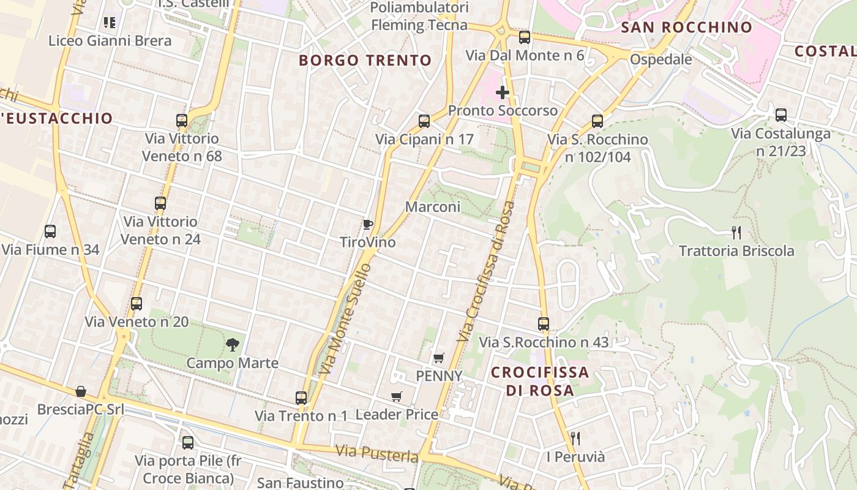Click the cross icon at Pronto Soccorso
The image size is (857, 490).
[x=503, y=92]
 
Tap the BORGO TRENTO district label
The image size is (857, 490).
[x=365, y=60]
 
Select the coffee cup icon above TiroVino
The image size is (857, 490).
[x=367, y=225]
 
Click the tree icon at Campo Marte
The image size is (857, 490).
[x=232, y=345]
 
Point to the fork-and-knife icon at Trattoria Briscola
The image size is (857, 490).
[x=736, y=233]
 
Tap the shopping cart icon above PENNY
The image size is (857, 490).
[x=438, y=358]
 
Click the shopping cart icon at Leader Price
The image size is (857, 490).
[x=397, y=396]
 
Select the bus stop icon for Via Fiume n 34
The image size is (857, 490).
[x=50, y=232]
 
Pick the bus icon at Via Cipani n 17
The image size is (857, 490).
[x=424, y=121]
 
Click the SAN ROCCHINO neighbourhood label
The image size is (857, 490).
[x=686, y=27]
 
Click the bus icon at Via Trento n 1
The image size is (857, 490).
[x=301, y=398]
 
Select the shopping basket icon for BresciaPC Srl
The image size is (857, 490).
[x=81, y=391]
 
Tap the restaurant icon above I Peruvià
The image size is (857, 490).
[x=575, y=438]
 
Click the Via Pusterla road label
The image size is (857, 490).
[x=376, y=454]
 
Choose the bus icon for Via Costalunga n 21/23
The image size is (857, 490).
[x=780, y=115]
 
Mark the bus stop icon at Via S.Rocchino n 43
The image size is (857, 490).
[x=544, y=324]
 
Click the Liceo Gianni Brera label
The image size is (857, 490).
[x=110, y=40]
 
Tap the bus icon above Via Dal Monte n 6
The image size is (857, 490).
[x=525, y=37]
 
